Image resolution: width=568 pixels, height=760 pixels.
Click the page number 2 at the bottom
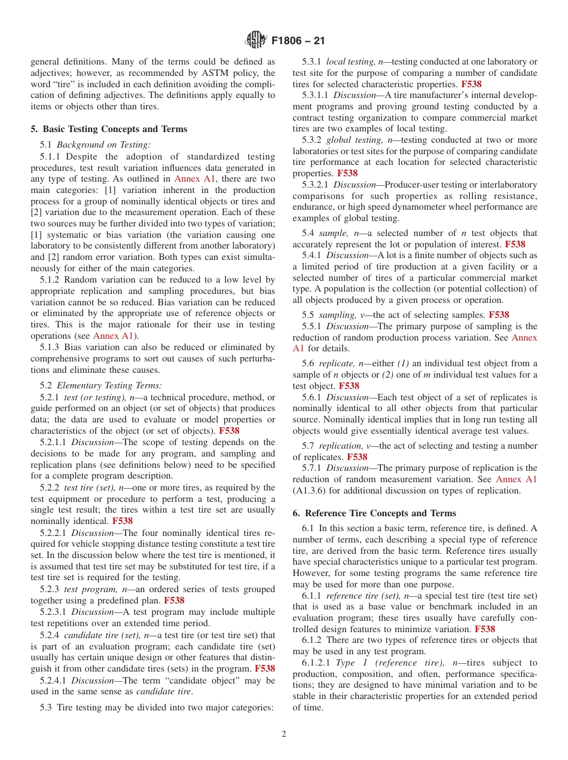tap(284, 734)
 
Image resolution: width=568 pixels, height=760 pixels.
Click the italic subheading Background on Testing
tap(104, 144)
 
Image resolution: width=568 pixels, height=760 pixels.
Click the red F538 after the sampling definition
tap(499, 315)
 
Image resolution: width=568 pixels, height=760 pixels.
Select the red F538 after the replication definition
tap(357, 457)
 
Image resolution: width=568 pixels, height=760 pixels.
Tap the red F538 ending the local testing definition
tap(471, 84)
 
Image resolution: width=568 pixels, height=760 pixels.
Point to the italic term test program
tap(95, 590)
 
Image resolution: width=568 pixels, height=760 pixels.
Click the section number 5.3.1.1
tap(316, 95)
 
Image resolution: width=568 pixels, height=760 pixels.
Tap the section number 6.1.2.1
tap(316, 663)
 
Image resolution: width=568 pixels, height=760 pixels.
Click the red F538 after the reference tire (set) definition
tap(485, 629)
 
